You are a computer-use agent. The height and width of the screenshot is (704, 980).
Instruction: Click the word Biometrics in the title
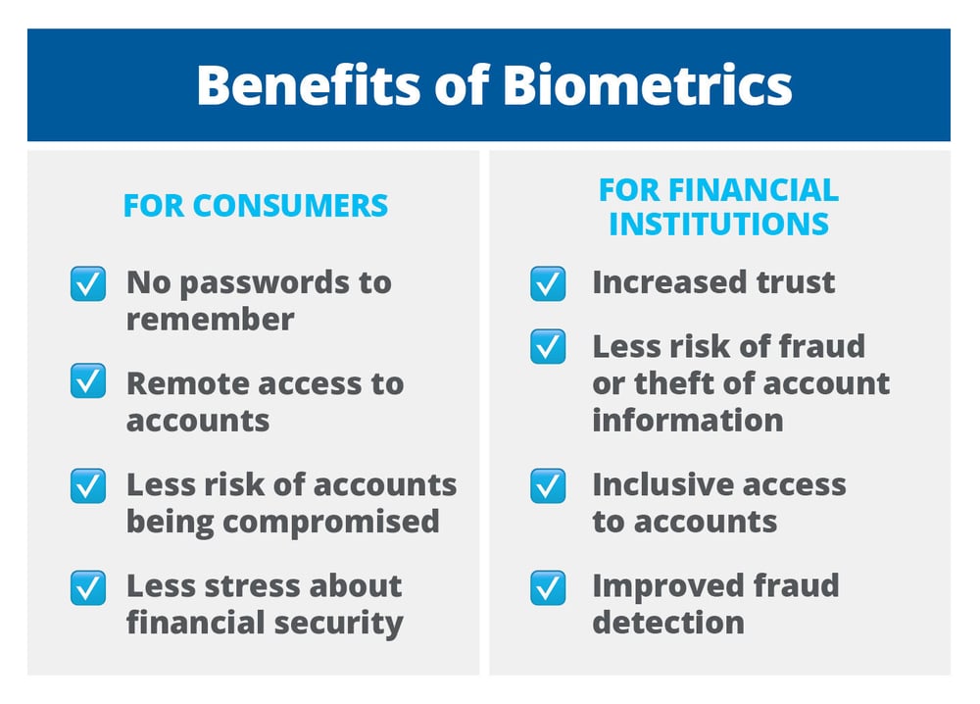pyautogui.click(x=647, y=86)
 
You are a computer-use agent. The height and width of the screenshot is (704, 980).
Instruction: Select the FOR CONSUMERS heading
pyautogui.click(x=255, y=206)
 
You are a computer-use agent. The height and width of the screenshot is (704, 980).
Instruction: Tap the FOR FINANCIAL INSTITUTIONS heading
pyautogui.click(x=718, y=206)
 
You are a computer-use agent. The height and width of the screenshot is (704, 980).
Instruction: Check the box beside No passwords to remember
pyautogui.click(x=88, y=284)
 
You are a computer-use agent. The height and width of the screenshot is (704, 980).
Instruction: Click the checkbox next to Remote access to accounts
pyautogui.click(x=88, y=383)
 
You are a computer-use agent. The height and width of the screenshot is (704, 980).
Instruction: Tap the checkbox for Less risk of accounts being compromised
pyautogui.click(x=88, y=485)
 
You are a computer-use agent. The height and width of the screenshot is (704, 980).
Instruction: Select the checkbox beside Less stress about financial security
pyautogui.click(x=88, y=587)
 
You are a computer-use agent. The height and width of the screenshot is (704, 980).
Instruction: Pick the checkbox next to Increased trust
pyautogui.click(x=548, y=284)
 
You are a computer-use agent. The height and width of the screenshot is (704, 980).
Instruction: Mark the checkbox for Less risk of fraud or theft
pyautogui.click(x=548, y=347)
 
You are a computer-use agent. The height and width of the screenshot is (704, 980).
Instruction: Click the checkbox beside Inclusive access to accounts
pyautogui.click(x=548, y=485)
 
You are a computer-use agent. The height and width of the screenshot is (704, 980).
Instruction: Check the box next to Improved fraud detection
pyautogui.click(x=548, y=587)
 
